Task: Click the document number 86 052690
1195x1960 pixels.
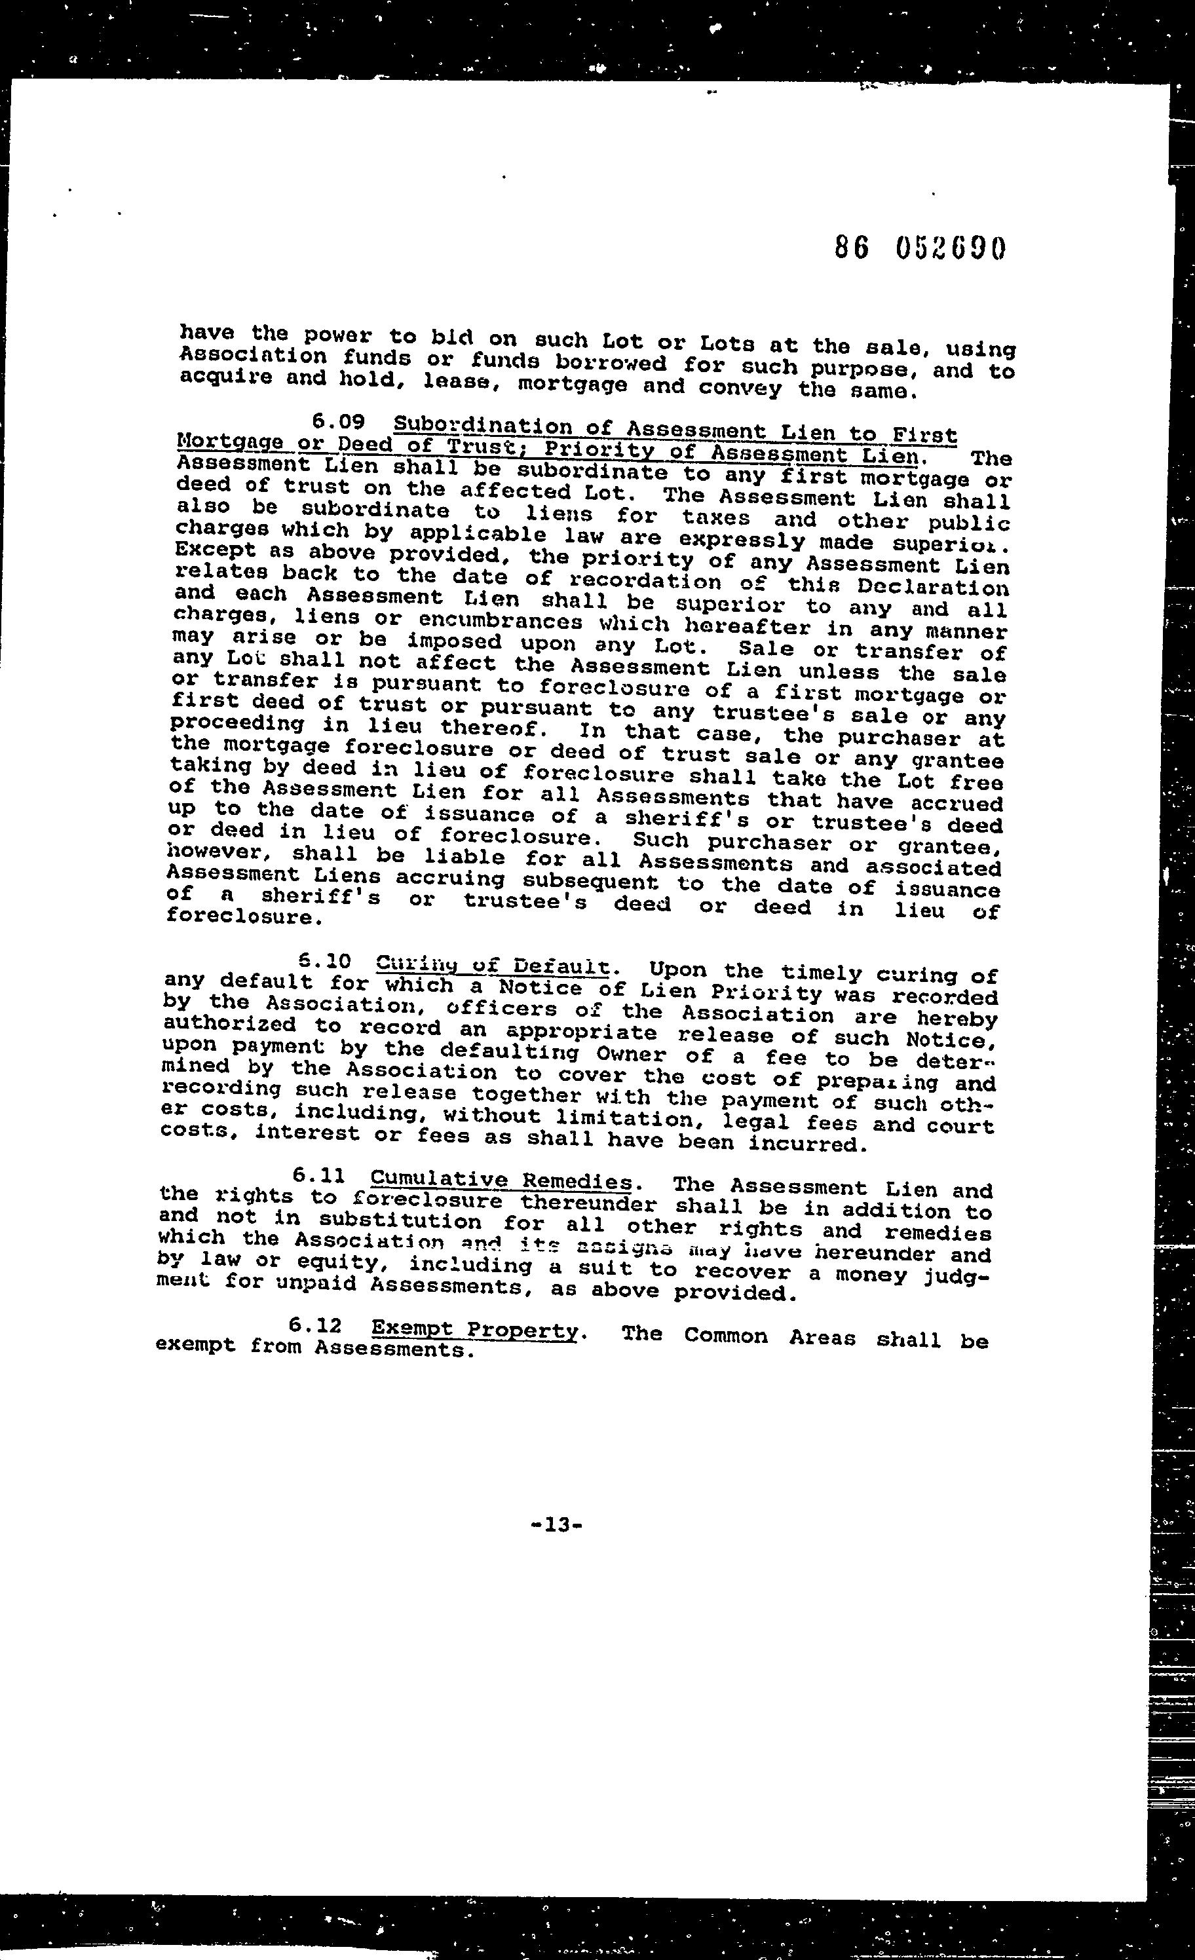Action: [x=920, y=249]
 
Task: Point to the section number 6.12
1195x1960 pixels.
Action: [x=316, y=1325]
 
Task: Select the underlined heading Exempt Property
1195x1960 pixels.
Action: [x=474, y=1329]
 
